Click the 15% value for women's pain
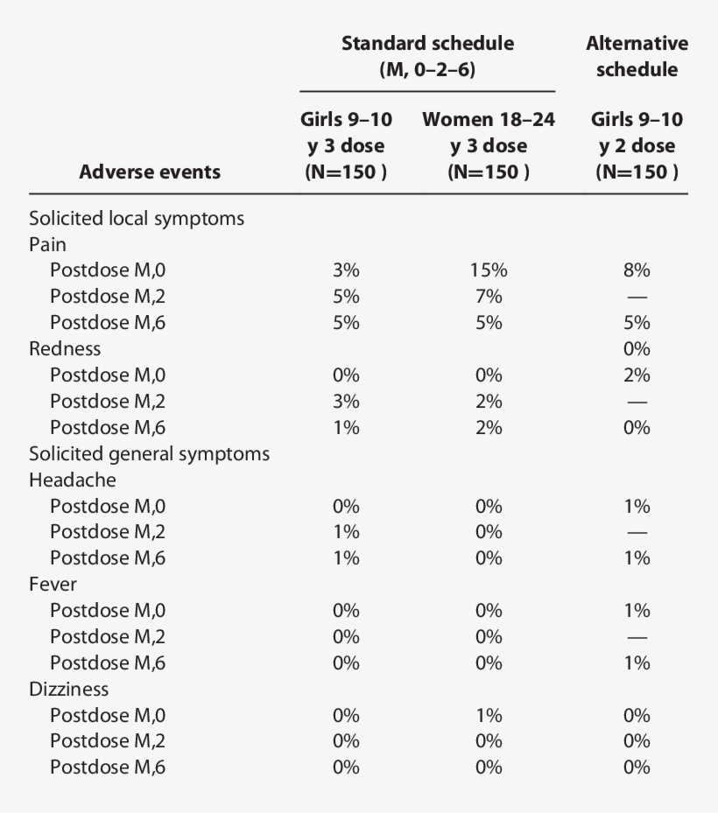pyautogui.click(x=489, y=270)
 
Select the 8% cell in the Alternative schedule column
pyautogui.click(x=637, y=270)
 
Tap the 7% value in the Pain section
pyautogui.click(x=489, y=297)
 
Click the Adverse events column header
pyautogui.click(x=150, y=172)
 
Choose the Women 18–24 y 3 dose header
pyautogui.click(x=489, y=145)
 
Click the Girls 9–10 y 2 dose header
pyautogui.click(x=637, y=145)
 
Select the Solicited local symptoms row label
pyautogui.click(x=137, y=219)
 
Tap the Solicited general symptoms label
pyautogui.click(x=149, y=454)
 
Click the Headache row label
pyautogui.click(x=73, y=480)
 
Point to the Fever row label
pyautogui.click(x=53, y=585)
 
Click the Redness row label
pyautogui.click(x=65, y=349)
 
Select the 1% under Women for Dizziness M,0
pyautogui.click(x=489, y=715)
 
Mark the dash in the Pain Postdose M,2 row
pyautogui.click(x=637, y=297)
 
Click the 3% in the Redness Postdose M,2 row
pyautogui.click(x=346, y=402)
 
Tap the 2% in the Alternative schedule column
pyautogui.click(x=637, y=375)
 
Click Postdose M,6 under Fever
pyautogui.click(x=108, y=662)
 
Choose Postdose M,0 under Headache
pyautogui.click(x=108, y=506)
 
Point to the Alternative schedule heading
pyautogui.click(x=637, y=56)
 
